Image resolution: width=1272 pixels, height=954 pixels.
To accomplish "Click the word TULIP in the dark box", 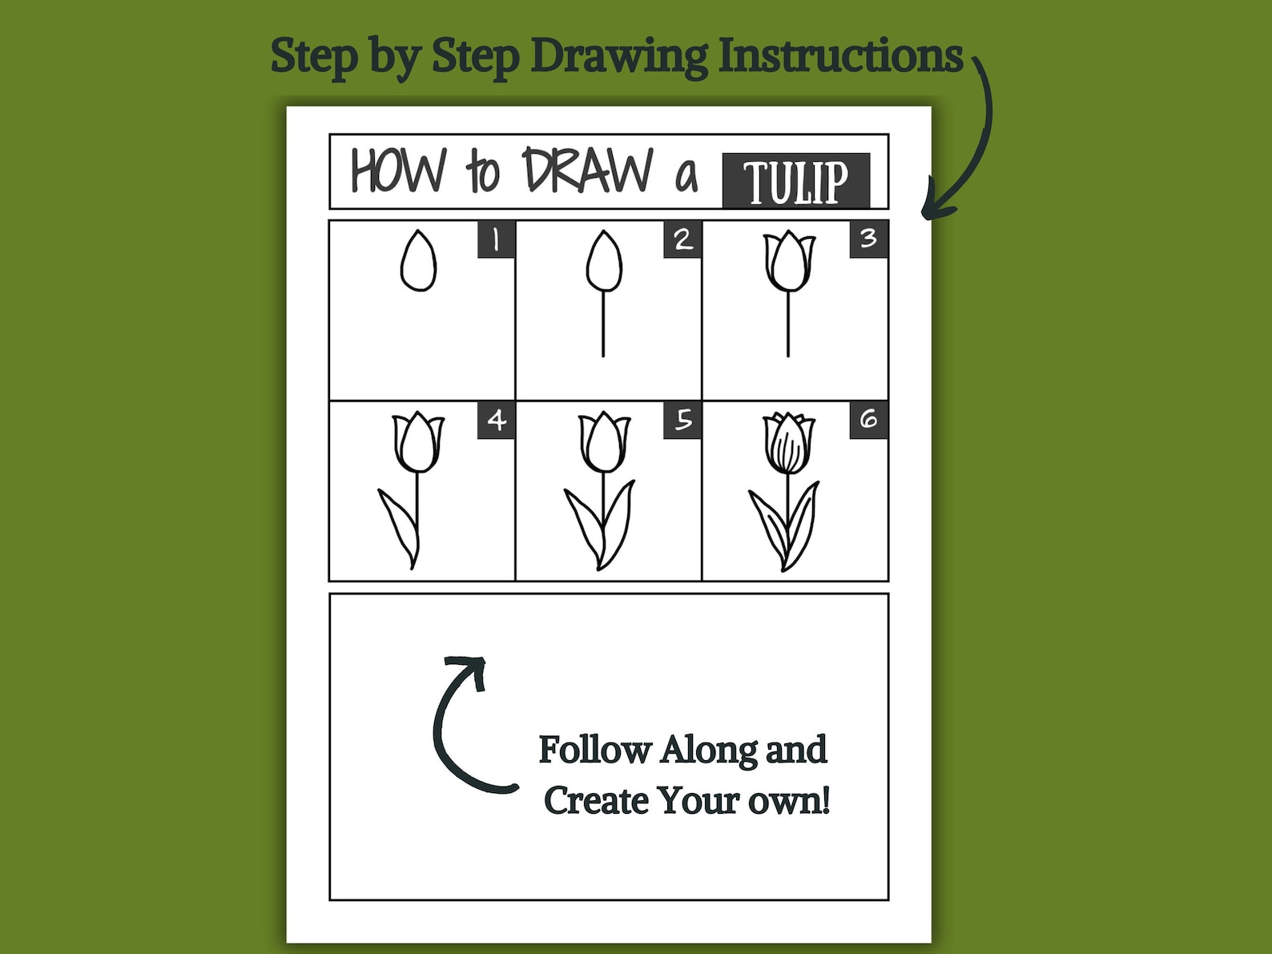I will [x=795, y=181].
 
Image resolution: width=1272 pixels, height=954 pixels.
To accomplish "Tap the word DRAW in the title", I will [x=589, y=171].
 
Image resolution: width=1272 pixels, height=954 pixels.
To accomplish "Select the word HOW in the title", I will [x=398, y=171].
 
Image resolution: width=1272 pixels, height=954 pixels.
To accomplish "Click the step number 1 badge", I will [x=496, y=239].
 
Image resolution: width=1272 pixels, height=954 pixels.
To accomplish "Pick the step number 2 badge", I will [x=682, y=239].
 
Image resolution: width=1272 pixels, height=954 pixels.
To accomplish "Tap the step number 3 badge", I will [x=868, y=239].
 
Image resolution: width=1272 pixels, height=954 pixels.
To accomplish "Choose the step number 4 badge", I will [x=496, y=420].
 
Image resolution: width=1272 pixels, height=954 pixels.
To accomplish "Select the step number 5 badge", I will [x=682, y=420].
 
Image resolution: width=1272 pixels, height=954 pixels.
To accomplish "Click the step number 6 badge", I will [x=868, y=420].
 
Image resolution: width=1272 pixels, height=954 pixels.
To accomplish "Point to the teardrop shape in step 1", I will [x=418, y=262].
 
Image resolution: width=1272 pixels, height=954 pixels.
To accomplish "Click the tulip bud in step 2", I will [x=604, y=262].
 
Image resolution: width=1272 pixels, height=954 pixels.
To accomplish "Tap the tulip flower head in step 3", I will [x=789, y=261].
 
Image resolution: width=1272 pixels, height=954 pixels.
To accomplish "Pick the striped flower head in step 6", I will [x=789, y=444].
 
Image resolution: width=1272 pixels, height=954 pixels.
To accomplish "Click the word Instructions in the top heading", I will [x=840, y=56].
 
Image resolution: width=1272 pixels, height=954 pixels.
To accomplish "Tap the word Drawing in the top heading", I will [x=619, y=56].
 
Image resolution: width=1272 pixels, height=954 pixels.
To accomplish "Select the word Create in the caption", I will [x=596, y=800].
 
